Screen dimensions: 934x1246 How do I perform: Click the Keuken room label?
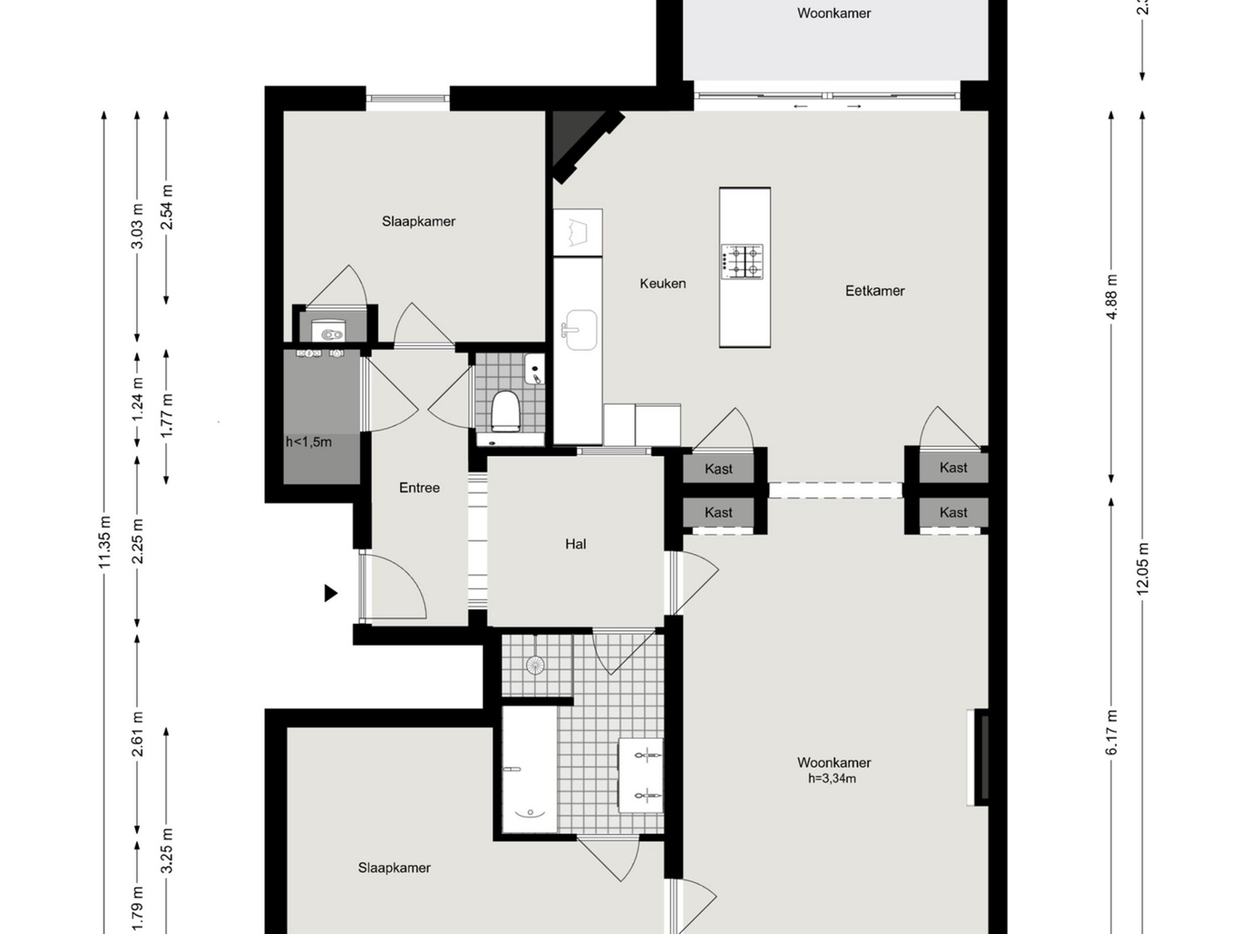click(x=662, y=283)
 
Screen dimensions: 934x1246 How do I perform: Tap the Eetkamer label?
click(x=874, y=291)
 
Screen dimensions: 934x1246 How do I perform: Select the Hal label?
click(x=575, y=544)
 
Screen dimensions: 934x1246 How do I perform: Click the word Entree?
click(x=419, y=487)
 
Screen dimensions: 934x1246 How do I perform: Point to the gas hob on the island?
click(x=742, y=261)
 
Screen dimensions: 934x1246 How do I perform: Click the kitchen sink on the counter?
click(x=580, y=330)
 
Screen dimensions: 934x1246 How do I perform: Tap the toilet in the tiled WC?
click(x=505, y=412)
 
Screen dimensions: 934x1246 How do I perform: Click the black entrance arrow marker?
click(x=330, y=593)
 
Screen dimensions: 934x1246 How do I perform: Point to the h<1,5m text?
click(x=309, y=442)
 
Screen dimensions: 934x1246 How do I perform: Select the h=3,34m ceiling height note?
click(x=831, y=779)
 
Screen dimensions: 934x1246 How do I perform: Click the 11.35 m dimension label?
click(x=105, y=541)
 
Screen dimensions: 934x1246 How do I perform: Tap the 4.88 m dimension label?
click(x=1111, y=297)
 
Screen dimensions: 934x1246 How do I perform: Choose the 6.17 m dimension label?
click(x=1111, y=732)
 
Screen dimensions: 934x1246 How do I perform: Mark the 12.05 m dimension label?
click(x=1142, y=568)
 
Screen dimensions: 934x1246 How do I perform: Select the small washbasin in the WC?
click(x=534, y=369)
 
